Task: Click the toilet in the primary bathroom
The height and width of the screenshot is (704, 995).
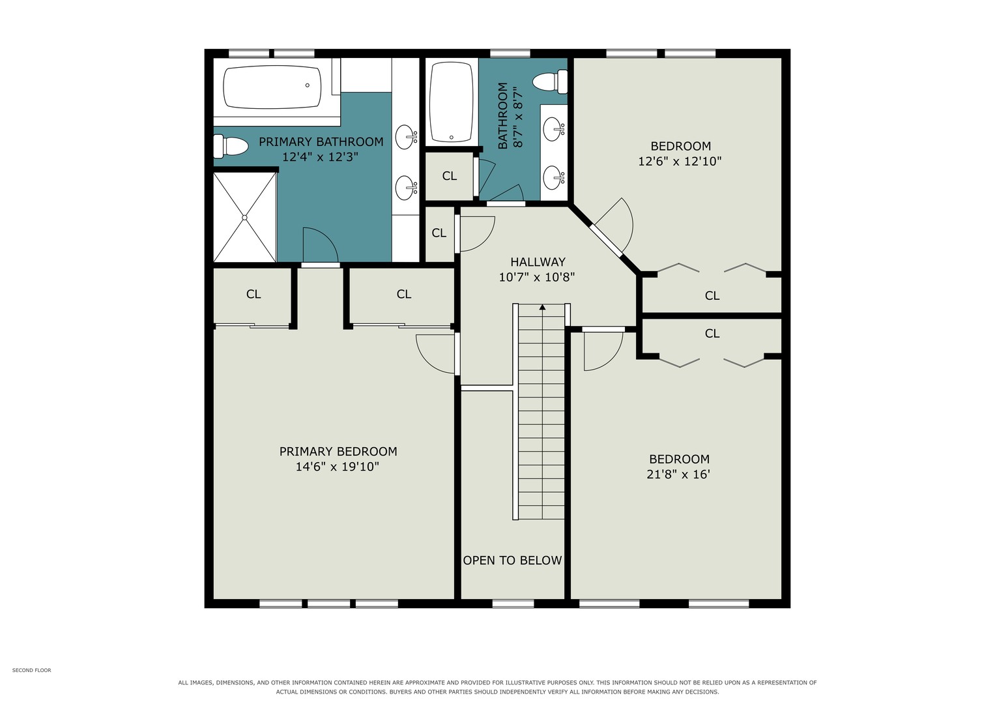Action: point(230,146)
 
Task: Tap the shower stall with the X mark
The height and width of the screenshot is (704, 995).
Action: point(245,217)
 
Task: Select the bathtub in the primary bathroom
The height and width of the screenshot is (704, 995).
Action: point(272,87)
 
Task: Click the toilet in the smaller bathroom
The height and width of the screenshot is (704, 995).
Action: point(551,81)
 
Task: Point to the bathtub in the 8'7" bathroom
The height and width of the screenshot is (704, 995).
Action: point(452,102)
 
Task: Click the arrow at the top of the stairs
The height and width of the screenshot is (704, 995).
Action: point(542,306)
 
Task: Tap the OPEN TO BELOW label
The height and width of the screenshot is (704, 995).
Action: point(512,561)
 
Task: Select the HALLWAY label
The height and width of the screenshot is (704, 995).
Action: point(538,262)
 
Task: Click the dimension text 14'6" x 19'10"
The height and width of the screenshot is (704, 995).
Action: point(337,467)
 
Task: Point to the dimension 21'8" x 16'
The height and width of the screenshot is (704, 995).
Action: point(678,475)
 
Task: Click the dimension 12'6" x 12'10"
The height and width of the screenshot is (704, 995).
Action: point(680,161)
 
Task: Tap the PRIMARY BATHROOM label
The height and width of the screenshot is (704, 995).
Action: point(321,142)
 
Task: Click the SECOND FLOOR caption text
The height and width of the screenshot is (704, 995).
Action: point(31,670)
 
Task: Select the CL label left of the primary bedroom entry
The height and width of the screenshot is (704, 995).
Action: point(253,294)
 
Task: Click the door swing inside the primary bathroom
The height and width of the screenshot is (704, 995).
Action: point(321,245)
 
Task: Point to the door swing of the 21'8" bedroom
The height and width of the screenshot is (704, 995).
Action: point(603,351)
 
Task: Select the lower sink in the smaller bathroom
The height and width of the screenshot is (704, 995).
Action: point(554,178)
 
